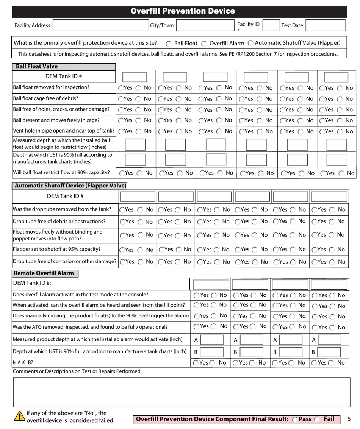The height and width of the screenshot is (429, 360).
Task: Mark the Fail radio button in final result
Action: click(319, 419)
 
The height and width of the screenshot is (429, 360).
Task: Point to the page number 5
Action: click(349, 419)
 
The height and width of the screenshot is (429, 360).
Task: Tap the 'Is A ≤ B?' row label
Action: click(23, 362)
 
